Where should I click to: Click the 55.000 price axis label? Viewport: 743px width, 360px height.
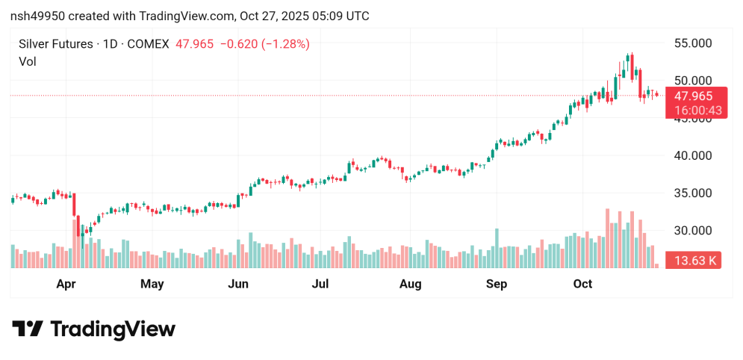click(x=692, y=43)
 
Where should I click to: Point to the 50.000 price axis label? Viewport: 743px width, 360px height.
click(x=692, y=81)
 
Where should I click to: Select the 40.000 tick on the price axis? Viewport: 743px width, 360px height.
click(x=692, y=155)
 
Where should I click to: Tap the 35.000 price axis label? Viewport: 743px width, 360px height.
click(x=692, y=193)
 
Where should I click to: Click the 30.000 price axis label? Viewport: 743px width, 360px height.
click(x=692, y=230)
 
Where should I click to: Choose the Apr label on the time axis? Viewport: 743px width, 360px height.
click(x=66, y=284)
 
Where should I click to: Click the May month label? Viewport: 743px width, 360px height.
click(x=152, y=284)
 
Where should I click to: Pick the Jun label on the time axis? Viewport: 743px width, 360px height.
click(x=237, y=284)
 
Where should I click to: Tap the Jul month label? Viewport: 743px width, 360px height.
click(x=320, y=284)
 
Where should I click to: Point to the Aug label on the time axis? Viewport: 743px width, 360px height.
click(x=410, y=284)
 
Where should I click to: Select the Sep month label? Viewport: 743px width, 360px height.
click(x=497, y=284)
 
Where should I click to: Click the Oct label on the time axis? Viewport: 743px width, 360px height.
click(x=582, y=284)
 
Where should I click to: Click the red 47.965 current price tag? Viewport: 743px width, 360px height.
click(x=693, y=96)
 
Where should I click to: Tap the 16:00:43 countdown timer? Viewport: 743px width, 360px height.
click(x=693, y=110)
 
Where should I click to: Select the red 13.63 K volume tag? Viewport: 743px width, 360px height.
click(x=693, y=261)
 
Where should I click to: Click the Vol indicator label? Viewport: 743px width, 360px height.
click(x=28, y=62)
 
